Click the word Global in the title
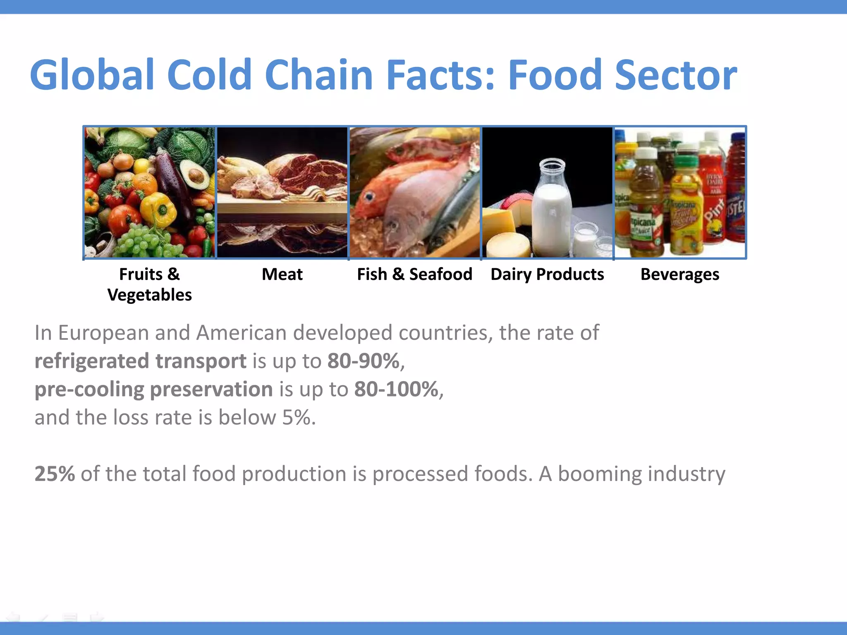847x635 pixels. tap(92, 75)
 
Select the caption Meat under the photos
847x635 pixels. tap(282, 275)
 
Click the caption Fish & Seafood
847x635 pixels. tap(414, 275)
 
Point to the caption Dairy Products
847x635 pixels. tap(547, 275)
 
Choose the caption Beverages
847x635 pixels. tap(680, 275)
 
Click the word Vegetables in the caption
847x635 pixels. tap(149, 295)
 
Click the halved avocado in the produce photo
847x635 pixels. tap(196, 176)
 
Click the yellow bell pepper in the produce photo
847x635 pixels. tap(158, 209)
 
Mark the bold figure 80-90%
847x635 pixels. tap(363, 361)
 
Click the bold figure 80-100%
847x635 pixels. tap(396, 389)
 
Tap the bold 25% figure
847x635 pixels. tap(55, 474)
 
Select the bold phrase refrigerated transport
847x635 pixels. tap(140, 361)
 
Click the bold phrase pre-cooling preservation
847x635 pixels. tap(153, 389)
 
